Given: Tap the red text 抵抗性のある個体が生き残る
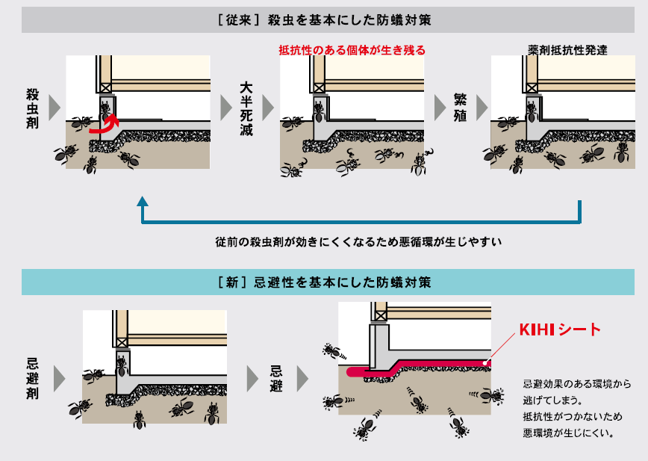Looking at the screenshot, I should (x=352, y=51).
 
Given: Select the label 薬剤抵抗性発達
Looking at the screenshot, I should (x=567, y=51).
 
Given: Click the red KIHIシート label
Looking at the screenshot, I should (x=560, y=329).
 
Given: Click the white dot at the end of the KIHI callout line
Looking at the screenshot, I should (x=486, y=364).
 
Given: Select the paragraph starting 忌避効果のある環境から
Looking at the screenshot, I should (x=577, y=408).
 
